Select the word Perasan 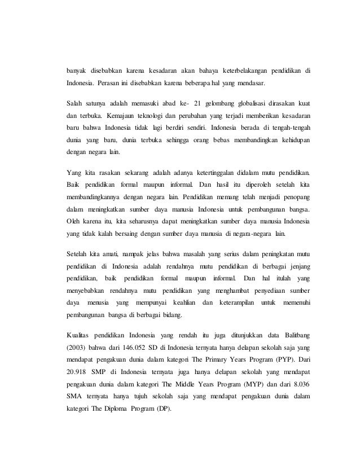[109, 84]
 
